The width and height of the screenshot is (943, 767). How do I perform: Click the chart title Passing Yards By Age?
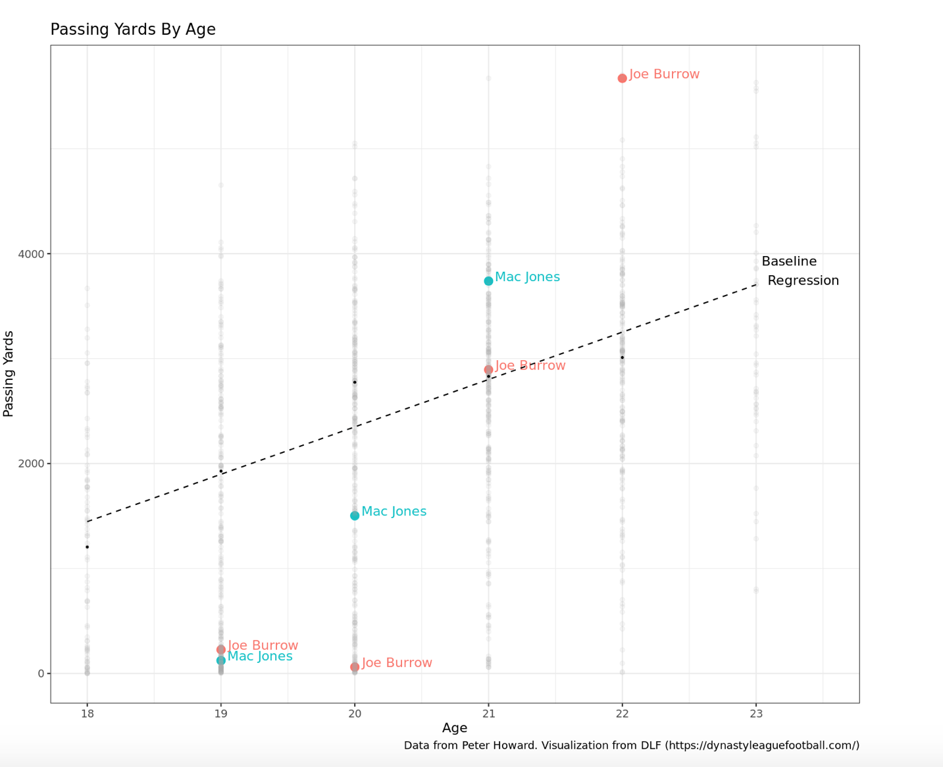pos(133,30)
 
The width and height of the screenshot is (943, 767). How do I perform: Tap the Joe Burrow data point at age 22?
pos(622,78)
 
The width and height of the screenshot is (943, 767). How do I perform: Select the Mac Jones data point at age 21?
pos(488,281)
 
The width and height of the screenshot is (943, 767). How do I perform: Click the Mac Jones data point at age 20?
pos(355,516)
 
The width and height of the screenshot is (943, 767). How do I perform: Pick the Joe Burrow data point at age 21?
pos(488,370)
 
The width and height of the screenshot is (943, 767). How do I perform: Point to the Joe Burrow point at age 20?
pos(355,667)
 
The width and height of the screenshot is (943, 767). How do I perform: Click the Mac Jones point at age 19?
pos(221,660)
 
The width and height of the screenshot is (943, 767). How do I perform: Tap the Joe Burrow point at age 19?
pos(221,650)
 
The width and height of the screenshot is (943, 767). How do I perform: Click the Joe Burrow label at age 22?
pos(664,74)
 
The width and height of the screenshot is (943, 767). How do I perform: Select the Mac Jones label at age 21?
pos(527,277)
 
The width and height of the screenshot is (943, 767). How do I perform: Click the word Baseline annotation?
pos(789,261)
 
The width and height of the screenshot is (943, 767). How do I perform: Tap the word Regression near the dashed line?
pos(803,280)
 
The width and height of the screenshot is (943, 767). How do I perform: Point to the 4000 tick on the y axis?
pos(31,254)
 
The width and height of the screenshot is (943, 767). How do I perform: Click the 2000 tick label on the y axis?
pos(31,463)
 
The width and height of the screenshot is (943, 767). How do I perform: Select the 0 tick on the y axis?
pos(41,674)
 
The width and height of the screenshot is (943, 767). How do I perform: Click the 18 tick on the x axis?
pos(87,712)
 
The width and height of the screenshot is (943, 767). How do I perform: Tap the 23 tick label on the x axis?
pos(755,712)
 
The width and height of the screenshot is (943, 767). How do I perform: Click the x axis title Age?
pos(455,728)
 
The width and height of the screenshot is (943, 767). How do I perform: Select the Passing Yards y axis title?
pos(9,373)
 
